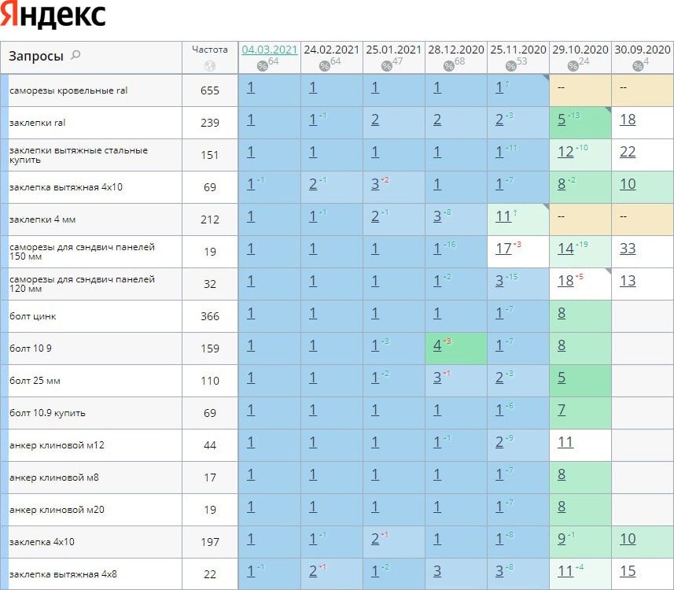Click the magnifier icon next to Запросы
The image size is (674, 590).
[76, 55]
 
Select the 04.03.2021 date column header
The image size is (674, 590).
[270, 50]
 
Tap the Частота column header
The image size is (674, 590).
[210, 49]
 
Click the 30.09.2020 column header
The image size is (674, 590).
[643, 50]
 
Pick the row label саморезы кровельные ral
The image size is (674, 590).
[68, 90]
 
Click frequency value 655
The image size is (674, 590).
[210, 90]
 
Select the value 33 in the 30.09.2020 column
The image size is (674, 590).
[628, 249]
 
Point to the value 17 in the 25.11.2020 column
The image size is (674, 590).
[504, 249]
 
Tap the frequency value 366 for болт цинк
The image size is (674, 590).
[210, 316]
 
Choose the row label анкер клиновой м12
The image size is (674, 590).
[57, 445]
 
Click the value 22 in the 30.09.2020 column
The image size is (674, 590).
[628, 152]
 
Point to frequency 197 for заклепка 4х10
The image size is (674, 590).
[210, 542]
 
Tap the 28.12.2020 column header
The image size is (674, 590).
[456, 50]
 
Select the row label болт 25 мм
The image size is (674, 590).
[35, 381]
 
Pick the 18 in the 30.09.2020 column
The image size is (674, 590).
[628, 120]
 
